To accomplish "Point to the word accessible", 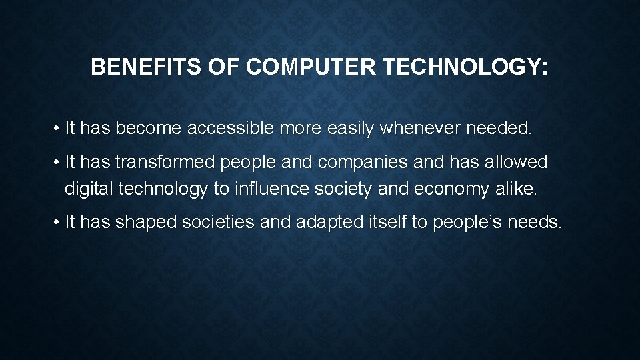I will [x=231, y=128].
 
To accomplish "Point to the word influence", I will [x=268, y=189].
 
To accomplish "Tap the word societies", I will [x=217, y=222].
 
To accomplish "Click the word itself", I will [x=388, y=222].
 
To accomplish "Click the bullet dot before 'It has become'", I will [x=59, y=129].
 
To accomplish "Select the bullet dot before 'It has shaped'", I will [x=59, y=223].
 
